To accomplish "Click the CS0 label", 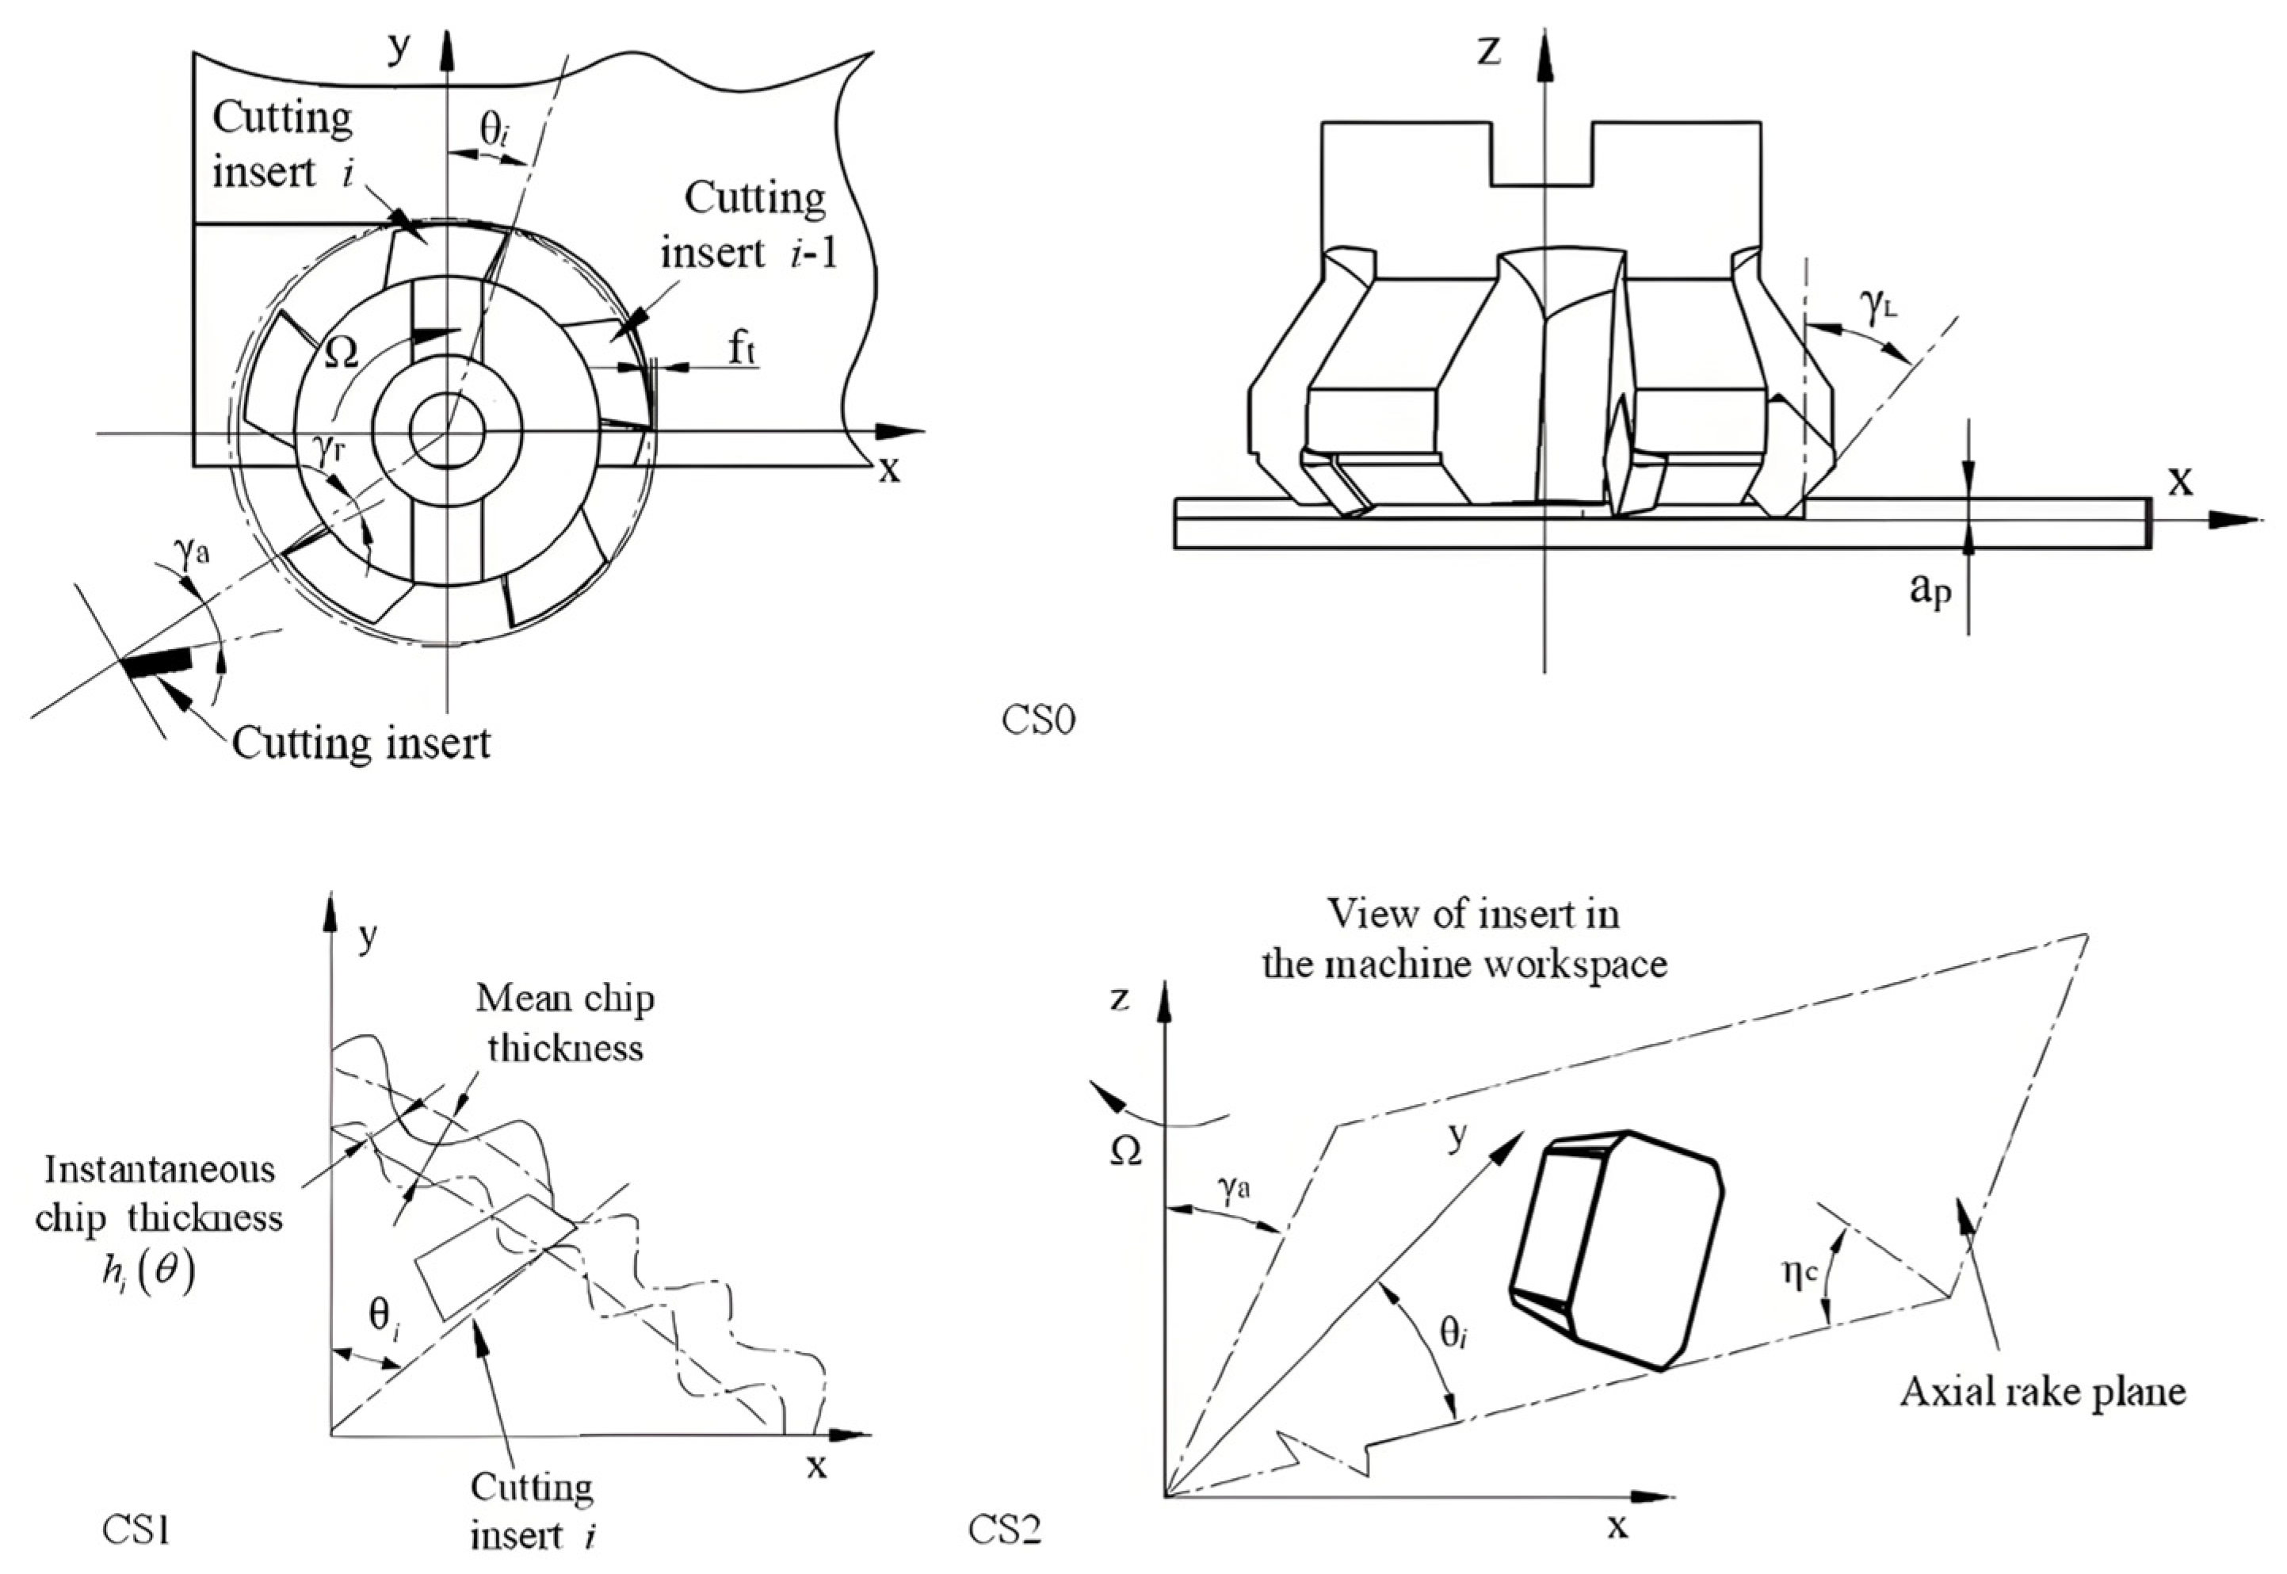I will (x=1038, y=721).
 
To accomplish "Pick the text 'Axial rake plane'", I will (x=2042, y=1391).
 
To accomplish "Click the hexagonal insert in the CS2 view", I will (x=1617, y=1251).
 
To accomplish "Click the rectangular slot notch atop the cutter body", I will (x=1541, y=153).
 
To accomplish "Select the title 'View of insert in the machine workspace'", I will (x=1464, y=938).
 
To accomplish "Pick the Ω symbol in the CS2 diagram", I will (x=1125, y=1152).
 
